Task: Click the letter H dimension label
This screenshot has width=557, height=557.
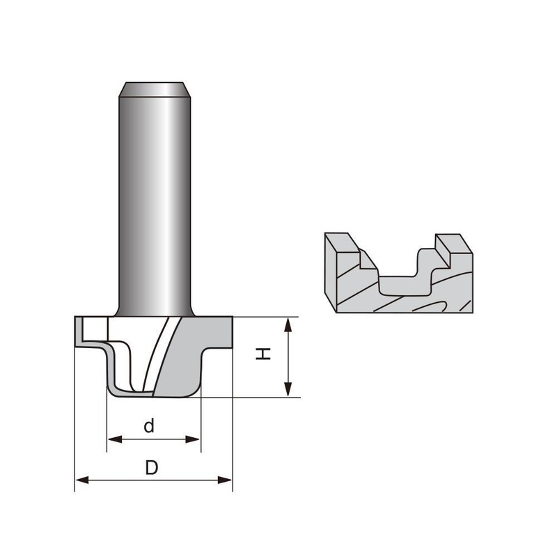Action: point(263,354)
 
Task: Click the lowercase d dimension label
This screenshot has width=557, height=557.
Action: point(149,425)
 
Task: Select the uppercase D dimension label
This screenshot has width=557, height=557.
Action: point(151,467)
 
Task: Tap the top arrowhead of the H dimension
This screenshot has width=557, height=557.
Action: point(288,325)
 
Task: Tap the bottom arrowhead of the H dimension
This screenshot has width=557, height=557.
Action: point(288,389)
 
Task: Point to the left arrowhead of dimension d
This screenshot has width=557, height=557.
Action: point(115,440)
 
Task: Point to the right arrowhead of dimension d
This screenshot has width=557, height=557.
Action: point(193,440)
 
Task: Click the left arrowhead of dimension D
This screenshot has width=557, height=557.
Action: point(82,480)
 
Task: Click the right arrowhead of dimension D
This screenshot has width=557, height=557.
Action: point(224,480)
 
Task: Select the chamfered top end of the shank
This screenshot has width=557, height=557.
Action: point(155,90)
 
